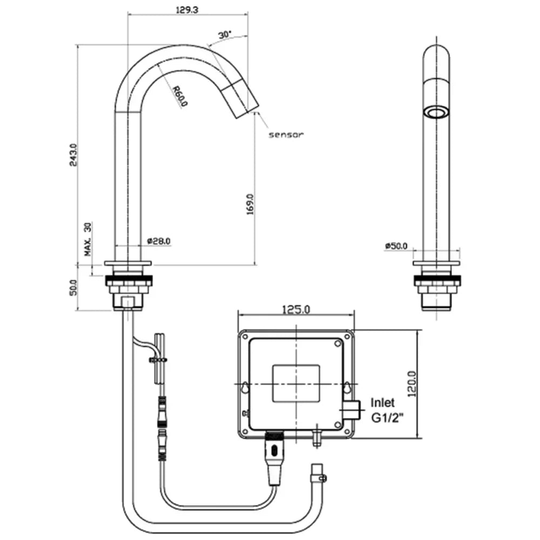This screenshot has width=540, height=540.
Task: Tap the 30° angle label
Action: pyautogui.click(x=225, y=35)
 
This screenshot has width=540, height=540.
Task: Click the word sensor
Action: pyautogui.click(x=286, y=134)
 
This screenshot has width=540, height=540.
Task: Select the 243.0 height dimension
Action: pyautogui.click(x=74, y=154)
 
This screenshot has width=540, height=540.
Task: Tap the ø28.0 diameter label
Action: pyautogui.click(x=159, y=241)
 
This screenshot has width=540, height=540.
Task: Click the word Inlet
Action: pyautogui.click(x=382, y=402)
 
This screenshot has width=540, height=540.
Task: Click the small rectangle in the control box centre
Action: pyautogui.click(x=296, y=383)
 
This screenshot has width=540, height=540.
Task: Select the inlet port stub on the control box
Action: pyautogui.click(x=352, y=410)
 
